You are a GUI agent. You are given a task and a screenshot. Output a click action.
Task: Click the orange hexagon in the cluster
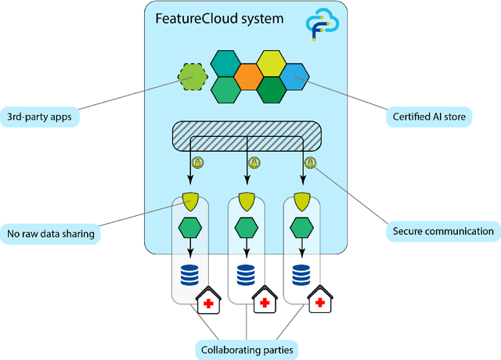coord(247,77)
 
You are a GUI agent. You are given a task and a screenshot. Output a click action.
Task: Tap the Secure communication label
coord(444,231)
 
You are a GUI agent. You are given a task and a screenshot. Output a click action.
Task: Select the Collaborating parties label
coord(247,348)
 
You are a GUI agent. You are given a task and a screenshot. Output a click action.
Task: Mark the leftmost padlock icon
coord(196,163)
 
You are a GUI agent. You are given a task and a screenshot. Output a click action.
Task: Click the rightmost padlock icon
coord(310,163)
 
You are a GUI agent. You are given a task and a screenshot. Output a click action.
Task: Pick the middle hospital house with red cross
coord(264,301)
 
